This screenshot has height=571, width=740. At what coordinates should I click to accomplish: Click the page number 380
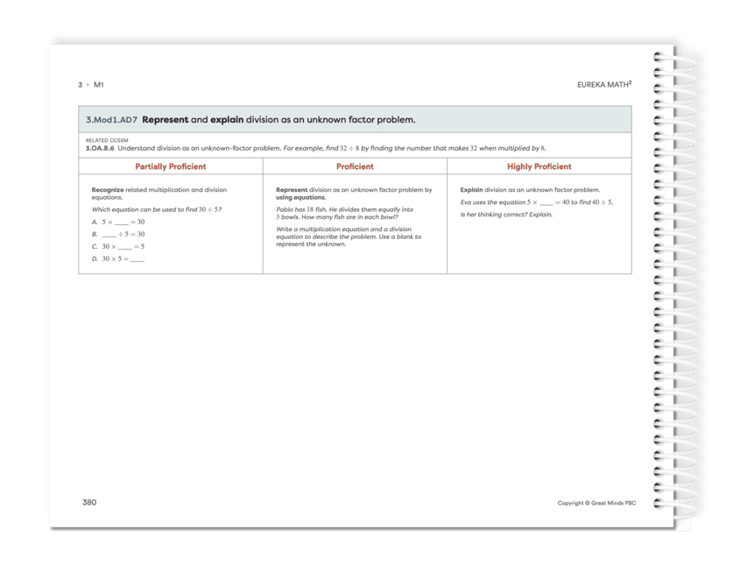88,502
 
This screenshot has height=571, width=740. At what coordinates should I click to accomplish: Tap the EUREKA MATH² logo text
605,85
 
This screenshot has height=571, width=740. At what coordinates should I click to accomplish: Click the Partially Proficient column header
171,166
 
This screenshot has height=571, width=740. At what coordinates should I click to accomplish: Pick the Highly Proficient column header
539,166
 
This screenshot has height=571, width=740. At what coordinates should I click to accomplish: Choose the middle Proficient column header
355,166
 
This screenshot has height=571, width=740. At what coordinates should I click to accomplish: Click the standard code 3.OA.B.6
102,148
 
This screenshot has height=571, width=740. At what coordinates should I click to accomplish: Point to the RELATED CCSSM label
103,140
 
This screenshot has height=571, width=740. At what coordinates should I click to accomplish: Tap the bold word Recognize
109,189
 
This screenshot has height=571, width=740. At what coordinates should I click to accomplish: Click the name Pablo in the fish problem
285,210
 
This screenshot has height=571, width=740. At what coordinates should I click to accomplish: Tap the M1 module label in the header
99,85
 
